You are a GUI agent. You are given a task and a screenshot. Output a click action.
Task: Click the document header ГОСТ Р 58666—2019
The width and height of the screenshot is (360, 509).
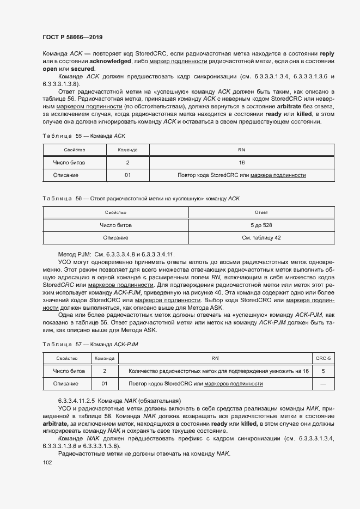[x=72, y=37]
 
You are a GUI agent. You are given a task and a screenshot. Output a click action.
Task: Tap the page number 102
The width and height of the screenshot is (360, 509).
[x=47, y=463]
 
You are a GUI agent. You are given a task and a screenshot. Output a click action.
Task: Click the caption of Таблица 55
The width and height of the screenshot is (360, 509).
[x=84, y=134]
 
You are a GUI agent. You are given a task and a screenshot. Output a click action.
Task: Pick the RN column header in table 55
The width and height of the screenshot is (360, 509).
[x=241, y=149]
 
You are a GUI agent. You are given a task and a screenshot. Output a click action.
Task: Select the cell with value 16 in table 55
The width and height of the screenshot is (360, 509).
[x=241, y=162]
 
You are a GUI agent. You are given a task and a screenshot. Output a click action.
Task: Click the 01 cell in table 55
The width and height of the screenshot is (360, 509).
[x=127, y=175]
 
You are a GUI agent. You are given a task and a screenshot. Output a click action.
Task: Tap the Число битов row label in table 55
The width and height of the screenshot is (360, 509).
[x=69, y=162]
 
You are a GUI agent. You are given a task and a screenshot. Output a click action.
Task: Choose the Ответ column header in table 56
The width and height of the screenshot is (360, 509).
[x=261, y=212]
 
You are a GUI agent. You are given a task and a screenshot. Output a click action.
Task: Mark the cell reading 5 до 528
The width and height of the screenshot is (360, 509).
[x=261, y=225]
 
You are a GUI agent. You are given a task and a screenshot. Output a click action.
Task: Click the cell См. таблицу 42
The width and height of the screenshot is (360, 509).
[x=261, y=238]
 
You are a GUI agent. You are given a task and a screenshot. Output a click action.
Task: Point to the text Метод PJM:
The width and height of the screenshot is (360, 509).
[x=75, y=254]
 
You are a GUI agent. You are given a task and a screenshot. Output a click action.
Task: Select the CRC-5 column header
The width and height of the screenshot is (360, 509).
[x=323, y=358]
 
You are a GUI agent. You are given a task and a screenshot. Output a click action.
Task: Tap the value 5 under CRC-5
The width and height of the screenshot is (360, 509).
[x=323, y=371]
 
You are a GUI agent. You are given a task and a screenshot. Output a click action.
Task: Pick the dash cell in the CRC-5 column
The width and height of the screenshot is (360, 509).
[x=323, y=384]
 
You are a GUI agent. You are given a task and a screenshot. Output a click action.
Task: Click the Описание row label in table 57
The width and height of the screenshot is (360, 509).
[x=65, y=384]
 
